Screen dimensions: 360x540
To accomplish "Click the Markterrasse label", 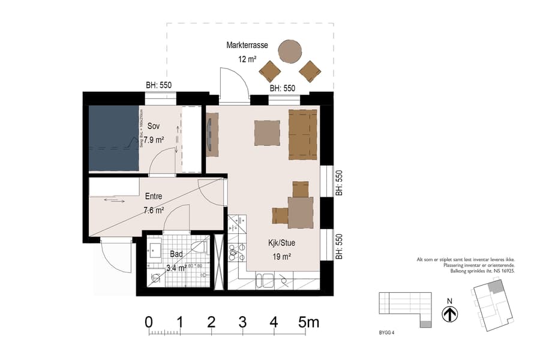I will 247,46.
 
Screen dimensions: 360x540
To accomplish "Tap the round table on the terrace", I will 290,52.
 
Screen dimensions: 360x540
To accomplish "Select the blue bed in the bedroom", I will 114,138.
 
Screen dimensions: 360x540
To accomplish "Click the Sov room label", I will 154,127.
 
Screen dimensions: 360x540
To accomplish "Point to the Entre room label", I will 154,196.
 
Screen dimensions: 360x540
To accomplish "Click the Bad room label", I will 176,254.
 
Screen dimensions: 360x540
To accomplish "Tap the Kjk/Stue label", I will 281,244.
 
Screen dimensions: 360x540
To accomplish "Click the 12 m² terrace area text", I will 247,59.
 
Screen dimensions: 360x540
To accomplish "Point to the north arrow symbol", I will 450,314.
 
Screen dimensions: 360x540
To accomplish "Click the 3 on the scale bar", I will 242,322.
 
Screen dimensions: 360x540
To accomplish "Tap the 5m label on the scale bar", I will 309,322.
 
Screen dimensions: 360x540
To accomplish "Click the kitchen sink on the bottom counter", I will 265,280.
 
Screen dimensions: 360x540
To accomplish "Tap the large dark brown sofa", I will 302,134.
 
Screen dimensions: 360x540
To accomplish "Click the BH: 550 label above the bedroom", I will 159,85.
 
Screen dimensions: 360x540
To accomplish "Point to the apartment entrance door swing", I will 115,255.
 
